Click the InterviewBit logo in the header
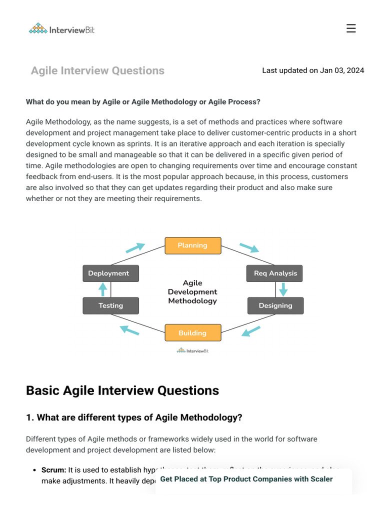[x=61, y=29]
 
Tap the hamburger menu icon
[x=351, y=28]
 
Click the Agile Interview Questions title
[x=97, y=70]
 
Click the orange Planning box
[x=192, y=245]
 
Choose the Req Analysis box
[x=275, y=273]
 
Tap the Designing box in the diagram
[x=275, y=305]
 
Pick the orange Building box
[x=192, y=333]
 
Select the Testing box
[x=110, y=305]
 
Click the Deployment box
[x=110, y=273]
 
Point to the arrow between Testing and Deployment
[x=103, y=289]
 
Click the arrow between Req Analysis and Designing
[x=283, y=289]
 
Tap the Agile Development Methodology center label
[x=192, y=292]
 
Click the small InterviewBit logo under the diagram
[x=192, y=351]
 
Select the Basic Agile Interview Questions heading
[x=122, y=390]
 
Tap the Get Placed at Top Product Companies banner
[x=246, y=479]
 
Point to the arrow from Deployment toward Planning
[x=134, y=248]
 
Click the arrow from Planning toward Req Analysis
[x=249, y=247]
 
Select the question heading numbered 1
[x=134, y=417]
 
